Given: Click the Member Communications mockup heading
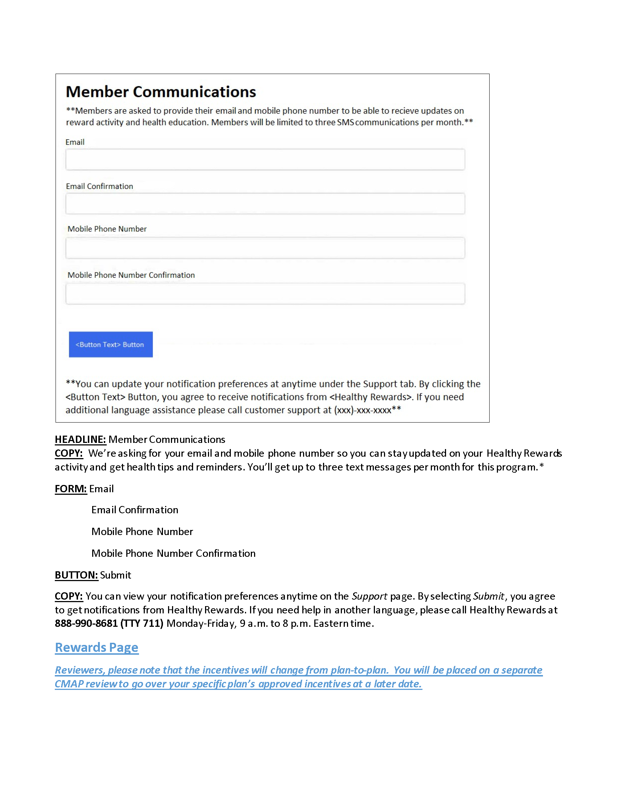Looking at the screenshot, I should pos(161,92).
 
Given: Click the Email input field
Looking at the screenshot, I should pos(265,159).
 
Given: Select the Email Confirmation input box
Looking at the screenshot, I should pos(265,203).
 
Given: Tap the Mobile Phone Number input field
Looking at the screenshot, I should pos(265,248).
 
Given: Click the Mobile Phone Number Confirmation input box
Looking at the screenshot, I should pos(265,293).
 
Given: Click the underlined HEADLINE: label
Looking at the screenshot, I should pos(80,439).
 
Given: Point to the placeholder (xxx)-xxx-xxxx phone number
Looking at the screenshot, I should pos(363,410).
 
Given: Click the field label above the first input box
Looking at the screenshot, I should pos(75,142).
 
